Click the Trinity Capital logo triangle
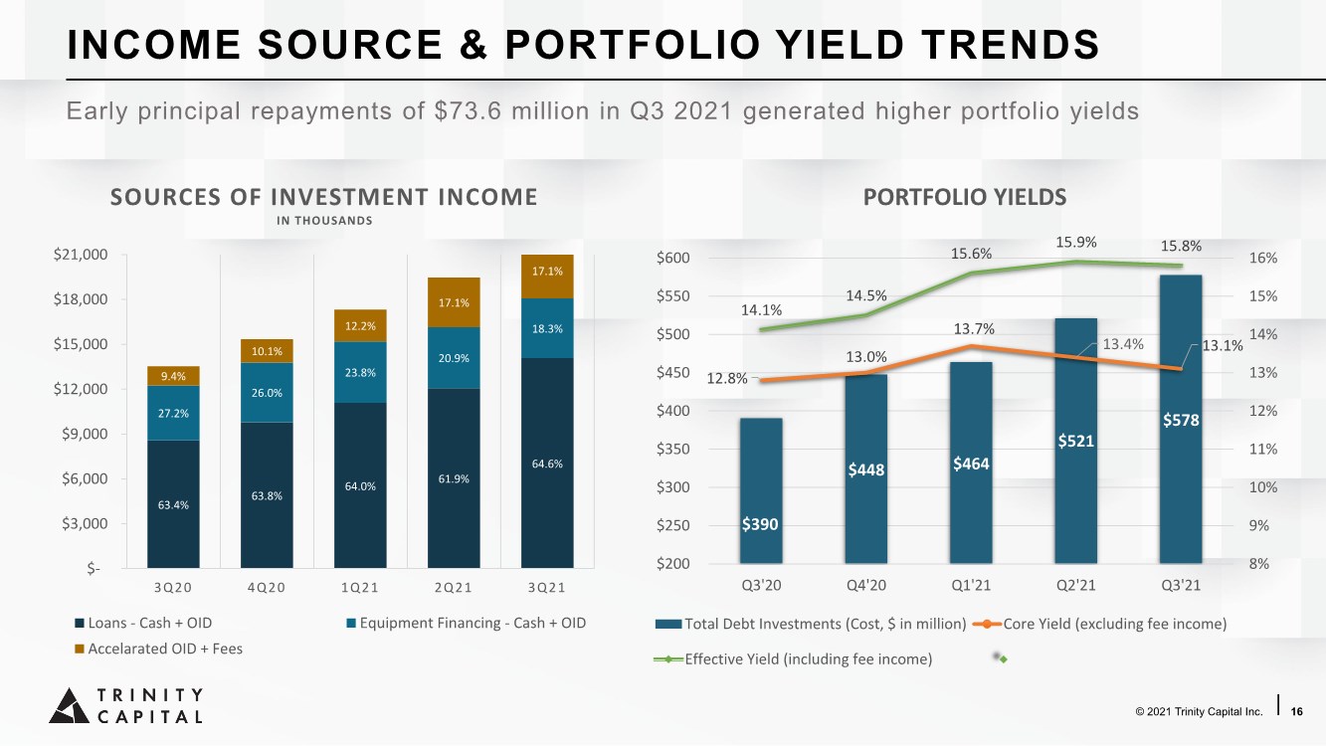pyautogui.click(x=70, y=706)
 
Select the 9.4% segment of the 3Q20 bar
pyautogui.click(x=173, y=376)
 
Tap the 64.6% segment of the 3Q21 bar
pyautogui.click(x=547, y=463)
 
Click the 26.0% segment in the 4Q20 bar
pyautogui.click(x=267, y=393)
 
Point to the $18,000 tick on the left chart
pyautogui.click(x=81, y=299)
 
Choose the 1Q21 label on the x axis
pyautogui.click(x=360, y=587)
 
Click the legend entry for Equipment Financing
pyautogui.click(x=466, y=623)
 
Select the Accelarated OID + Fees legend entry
pyautogui.click(x=158, y=649)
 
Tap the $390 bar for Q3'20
pyautogui.click(x=761, y=490)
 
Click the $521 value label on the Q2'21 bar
pyautogui.click(x=1075, y=441)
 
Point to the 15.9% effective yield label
pyautogui.click(x=1075, y=242)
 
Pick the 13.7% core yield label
pyautogui.click(x=974, y=329)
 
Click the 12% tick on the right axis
pyautogui.click(x=1263, y=411)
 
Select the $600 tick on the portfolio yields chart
pyautogui.click(x=673, y=259)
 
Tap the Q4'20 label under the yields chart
pyautogui.click(x=866, y=586)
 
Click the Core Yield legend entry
pyautogui.click(x=1100, y=624)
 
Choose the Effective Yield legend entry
pyautogui.click(x=793, y=658)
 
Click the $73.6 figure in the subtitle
pyautogui.click(x=468, y=111)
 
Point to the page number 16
pyautogui.click(x=1296, y=711)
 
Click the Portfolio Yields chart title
pyautogui.click(x=965, y=197)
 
